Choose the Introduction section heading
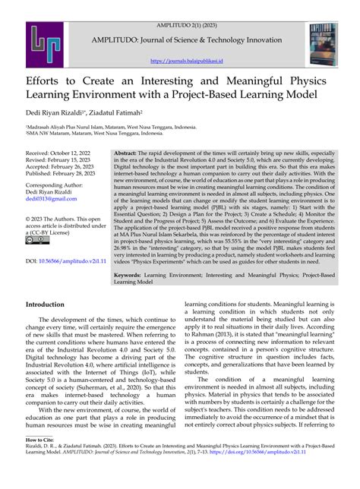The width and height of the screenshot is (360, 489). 50,304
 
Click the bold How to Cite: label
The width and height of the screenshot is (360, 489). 43,461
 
